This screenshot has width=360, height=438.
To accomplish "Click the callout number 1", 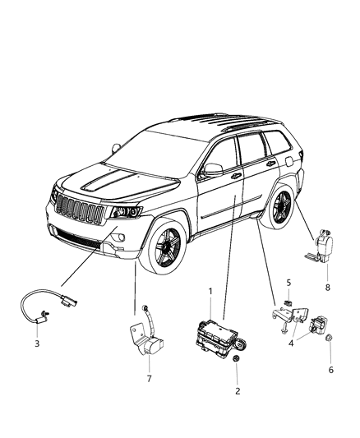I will pyautogui.click(x=210, y=291).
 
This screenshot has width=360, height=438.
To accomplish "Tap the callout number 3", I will pyautogui.click(x=36, y=343).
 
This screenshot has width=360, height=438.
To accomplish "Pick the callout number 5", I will pyautogui.click(x=288, y=283).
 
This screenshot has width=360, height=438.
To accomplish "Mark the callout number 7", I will pyautogui.click(x=148, y=379).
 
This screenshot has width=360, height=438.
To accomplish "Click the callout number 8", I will pyautogui.click(x=328, y=288).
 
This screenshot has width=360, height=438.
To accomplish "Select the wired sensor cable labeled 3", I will pyautogui.click(x=42, y=304).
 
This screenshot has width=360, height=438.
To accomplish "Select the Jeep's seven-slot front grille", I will pyautogui.click(x=81, y=210).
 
